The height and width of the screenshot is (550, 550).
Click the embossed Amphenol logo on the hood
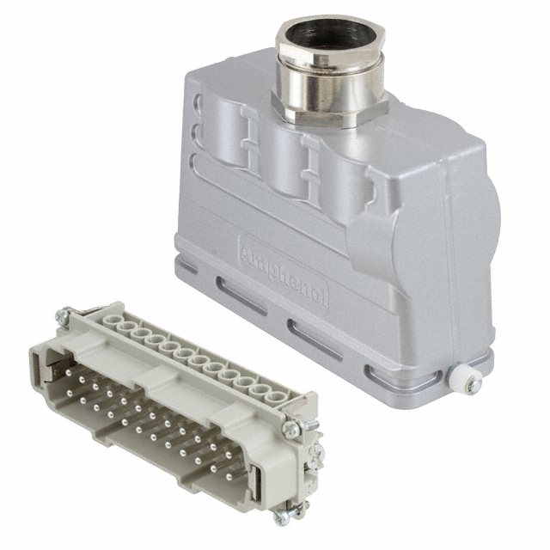click(x=284, y=272)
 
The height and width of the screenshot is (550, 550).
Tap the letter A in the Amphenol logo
click(x=248, y=252)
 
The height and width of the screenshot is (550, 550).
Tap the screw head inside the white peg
click(x=475, y=384)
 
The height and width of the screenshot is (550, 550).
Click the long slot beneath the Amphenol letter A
click(x=241, y=296)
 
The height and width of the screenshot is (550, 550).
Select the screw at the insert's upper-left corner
click(x=63, y=315)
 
